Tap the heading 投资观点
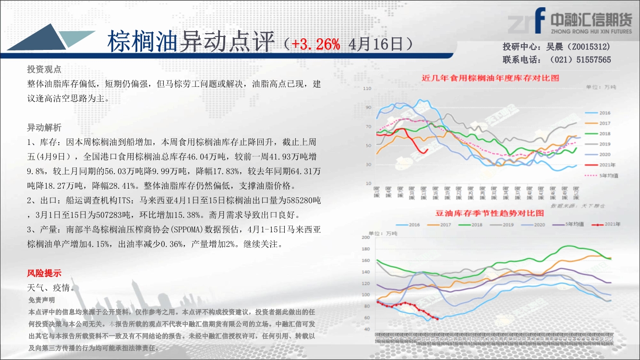(x=44, y=70)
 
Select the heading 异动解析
(x=44, y=128)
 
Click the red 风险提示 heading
(x=44, y=274)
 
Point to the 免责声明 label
(x=42, y=300)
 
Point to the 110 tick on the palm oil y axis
(x=367, y=89)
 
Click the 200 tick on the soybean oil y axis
(x=366, y=237)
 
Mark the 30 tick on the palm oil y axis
(x=368, y=165)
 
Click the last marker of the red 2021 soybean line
(x=437, y=319)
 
